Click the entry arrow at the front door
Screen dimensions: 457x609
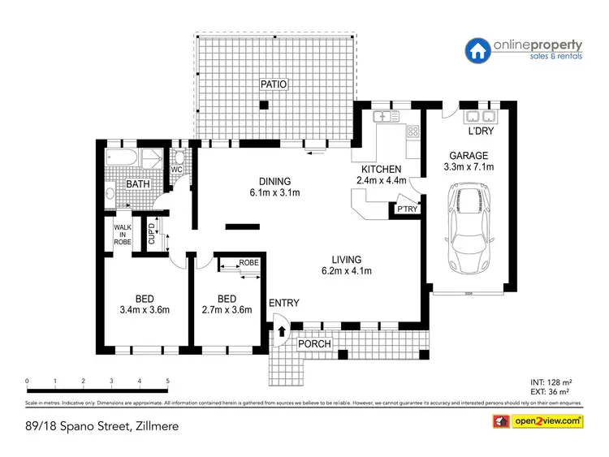pyautogui.click(x=282, y=331)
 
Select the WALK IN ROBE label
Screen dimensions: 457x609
pyautogui.click(x=122, y=235)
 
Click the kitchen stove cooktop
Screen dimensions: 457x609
pyautogui.click(x=412, y=130)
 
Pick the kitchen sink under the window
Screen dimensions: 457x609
pyautogui.click(x=382, y=119)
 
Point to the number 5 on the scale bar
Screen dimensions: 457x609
pyautogui.click(x=167, y=381)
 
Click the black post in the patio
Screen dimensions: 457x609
pyautogui.click(x=263, y=105)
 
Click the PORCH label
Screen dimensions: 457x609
pyautogui.click(x=315, y=343)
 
